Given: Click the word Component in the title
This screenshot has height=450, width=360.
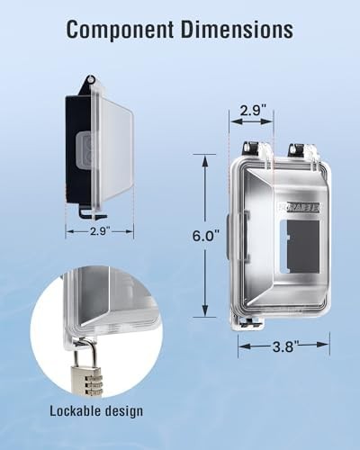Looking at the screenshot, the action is tap(120, 30).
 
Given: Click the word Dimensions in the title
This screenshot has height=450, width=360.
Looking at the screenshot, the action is tap(237, 30).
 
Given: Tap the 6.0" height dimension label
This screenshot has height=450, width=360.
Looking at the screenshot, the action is tap(206, 236).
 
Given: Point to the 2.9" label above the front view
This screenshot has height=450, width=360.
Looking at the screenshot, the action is tap(251, 111).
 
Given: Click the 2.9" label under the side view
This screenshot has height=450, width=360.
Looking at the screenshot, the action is tap(100, 231).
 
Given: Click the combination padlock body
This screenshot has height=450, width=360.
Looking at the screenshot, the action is tap(86, 380).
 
